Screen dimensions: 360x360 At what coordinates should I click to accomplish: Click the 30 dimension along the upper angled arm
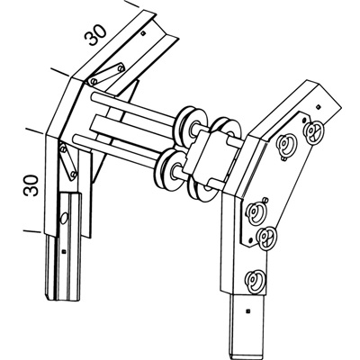click(x=95, y=34)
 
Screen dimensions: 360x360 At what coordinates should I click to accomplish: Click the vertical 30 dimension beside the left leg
click(x=31, y=185)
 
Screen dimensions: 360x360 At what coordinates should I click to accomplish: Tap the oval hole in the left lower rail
click(x=64, y=219)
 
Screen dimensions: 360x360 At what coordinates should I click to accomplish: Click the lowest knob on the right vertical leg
click(x=255, y=282)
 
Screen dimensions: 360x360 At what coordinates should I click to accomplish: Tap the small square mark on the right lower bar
click(x=247, y=310)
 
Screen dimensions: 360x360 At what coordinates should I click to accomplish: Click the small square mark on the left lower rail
click(x=63, y=251)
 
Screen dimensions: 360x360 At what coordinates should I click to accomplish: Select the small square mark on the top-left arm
click(x=143, y=32)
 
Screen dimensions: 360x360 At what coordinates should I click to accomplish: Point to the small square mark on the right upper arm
click(x=319, y=106)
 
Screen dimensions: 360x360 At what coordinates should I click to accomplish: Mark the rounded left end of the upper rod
click(x=94, y=97)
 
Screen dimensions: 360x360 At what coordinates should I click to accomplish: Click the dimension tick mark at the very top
click(x=132, y=4)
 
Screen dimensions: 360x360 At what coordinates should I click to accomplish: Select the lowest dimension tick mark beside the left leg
click(x=31, y=231)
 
